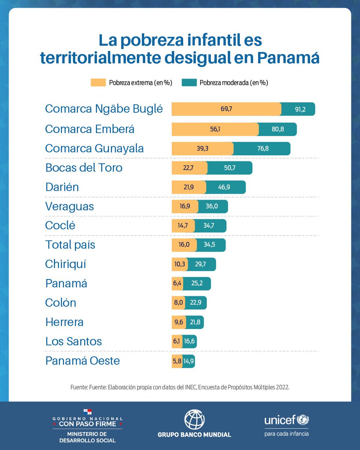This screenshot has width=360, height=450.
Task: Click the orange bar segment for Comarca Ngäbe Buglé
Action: [x=226, y=109]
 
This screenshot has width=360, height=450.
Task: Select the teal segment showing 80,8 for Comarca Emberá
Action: [x=278, y=129]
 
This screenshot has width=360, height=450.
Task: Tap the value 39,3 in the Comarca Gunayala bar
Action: [x=202, y=148]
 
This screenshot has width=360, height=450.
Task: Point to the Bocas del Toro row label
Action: [x=84, y=168]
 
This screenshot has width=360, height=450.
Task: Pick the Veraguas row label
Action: [x=70, y=206]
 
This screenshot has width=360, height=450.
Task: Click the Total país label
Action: [x=70, y=245]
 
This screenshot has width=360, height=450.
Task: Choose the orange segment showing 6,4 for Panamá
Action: [x=177, y=283]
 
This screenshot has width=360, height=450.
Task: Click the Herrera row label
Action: [x=64, y=322]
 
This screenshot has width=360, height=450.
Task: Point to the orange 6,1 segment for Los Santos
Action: [x=177, y=342]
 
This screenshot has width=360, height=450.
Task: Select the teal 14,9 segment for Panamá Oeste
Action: [x=189, y=361]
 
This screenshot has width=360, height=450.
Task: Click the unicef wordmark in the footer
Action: [x=280, y=420]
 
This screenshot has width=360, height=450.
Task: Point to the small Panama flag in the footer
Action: [x=87, y=412]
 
